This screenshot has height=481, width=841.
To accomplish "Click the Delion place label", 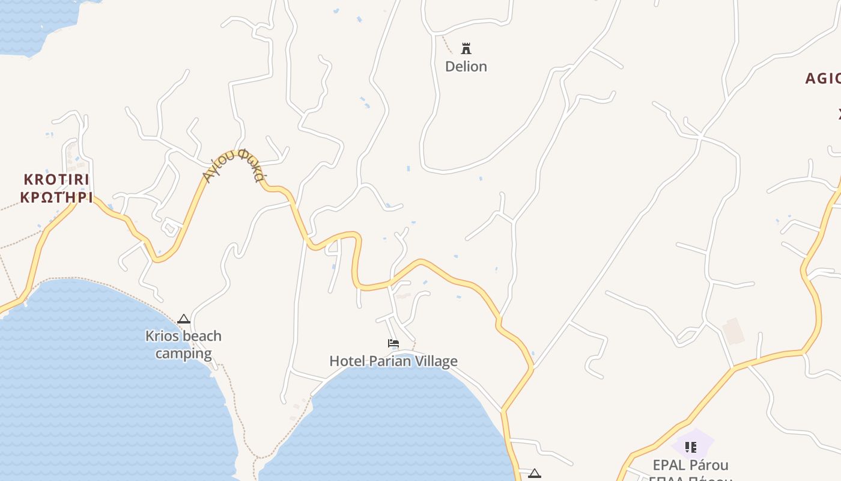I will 466,66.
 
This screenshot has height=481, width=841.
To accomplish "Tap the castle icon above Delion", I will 466,48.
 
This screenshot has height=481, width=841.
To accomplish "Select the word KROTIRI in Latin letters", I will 56,179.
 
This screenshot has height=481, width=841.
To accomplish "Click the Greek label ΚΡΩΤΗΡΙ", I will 56,197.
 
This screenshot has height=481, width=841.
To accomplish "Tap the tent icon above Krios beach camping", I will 184,319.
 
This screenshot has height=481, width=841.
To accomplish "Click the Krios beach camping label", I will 183,345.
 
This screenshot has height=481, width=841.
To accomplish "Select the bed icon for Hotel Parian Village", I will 393,343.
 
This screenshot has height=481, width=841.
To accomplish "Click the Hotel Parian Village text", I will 393,361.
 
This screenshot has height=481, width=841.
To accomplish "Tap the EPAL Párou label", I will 690,465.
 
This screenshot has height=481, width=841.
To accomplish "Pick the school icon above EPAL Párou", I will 691,447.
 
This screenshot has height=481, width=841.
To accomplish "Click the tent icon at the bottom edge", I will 535,474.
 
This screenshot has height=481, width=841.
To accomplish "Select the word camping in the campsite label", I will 183,354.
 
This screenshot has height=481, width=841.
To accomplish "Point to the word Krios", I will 162,335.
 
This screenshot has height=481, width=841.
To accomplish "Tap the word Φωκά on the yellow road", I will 252,165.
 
